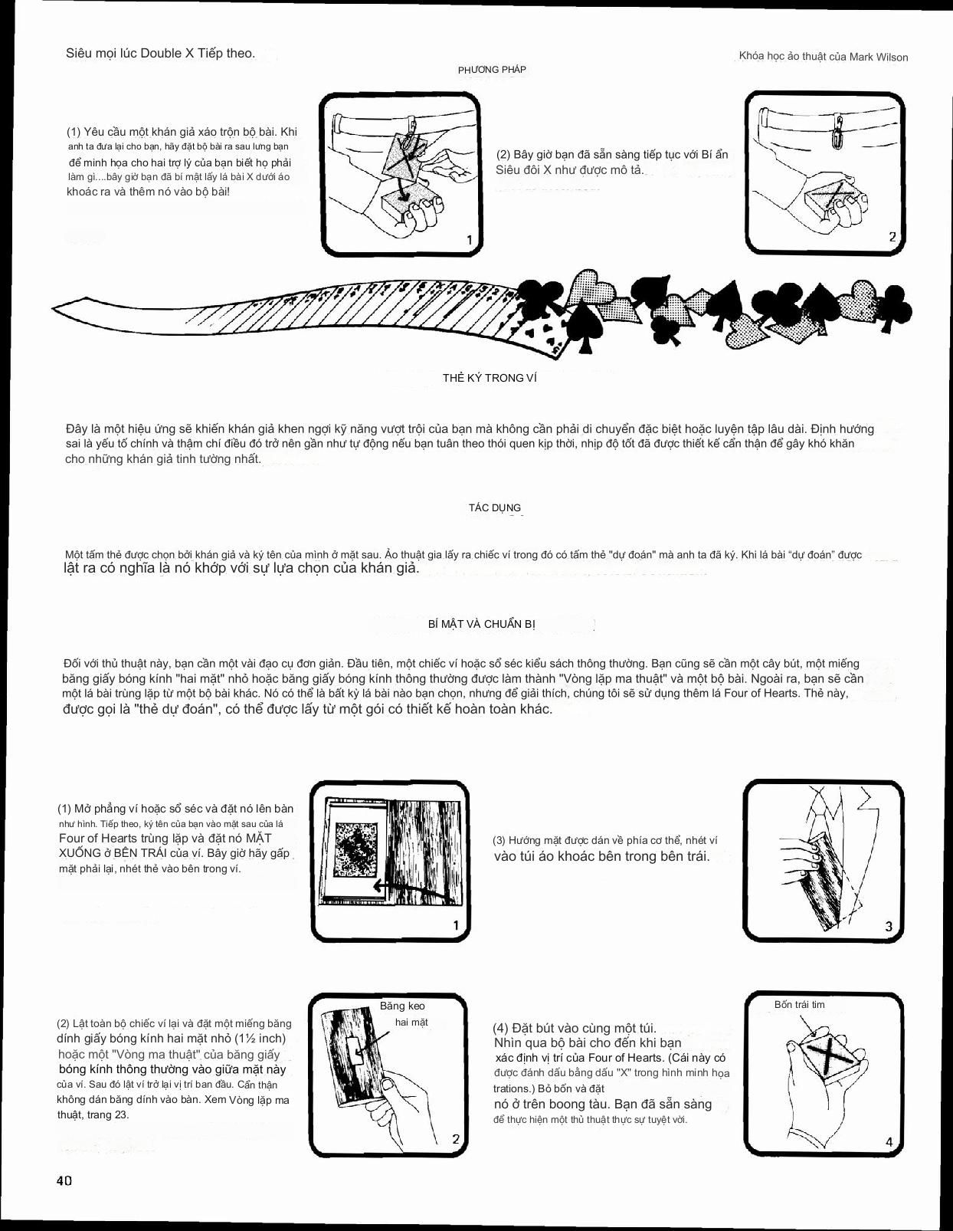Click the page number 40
click(64, 1180)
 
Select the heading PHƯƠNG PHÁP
click(492, 70)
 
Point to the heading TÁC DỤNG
click(494, 507)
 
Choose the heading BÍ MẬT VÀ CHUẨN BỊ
click(481, 624)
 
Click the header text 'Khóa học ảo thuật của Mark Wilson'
click(823, 57)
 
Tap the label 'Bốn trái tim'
click(799, 1004)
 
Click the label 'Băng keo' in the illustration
click(402, 1006)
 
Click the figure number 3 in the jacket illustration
click(889, 926)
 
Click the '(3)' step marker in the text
click(499, 840)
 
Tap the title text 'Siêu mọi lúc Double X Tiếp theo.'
click(160, 54)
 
